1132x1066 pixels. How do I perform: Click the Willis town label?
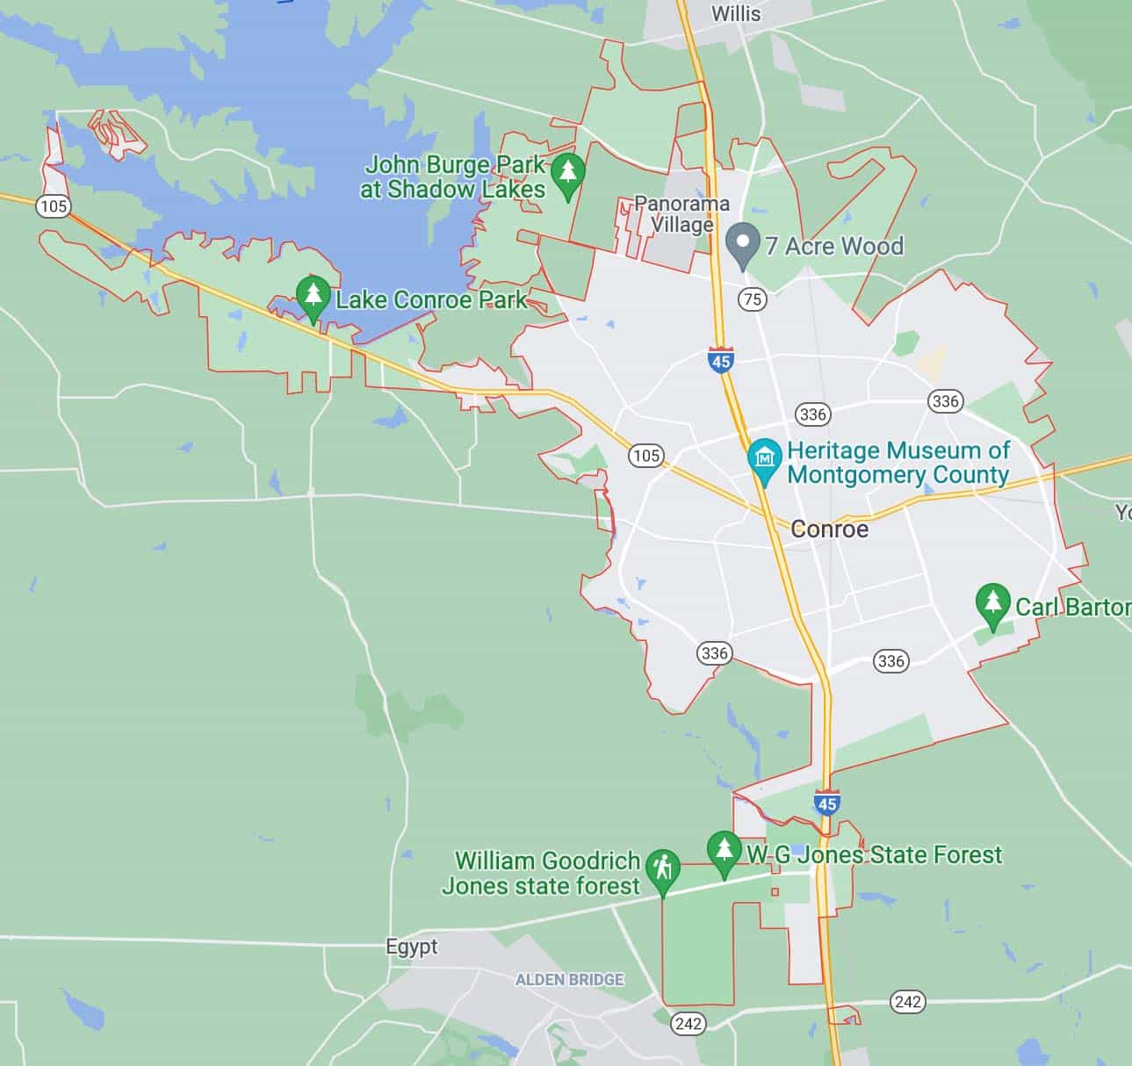pos(736,13)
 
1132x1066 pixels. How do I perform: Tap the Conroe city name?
pos(829,529)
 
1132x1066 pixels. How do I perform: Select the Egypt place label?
pos(412,947)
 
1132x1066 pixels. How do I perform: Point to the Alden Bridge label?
pos(569,979)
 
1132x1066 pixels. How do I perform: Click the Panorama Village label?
pos(681,214)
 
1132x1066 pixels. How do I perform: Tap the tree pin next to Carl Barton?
pos(992,604)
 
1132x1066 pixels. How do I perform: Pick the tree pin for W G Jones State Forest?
pos(724,851)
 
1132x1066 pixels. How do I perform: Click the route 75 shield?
pos(753,299)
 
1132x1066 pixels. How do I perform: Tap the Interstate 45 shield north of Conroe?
pos(721,360)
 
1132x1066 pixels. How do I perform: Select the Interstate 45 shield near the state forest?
pos(826,803)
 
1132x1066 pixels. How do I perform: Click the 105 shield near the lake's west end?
pos(54,206)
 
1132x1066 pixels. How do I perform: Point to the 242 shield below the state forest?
pos(689,1023)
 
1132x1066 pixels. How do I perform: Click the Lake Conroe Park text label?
pos(431,299)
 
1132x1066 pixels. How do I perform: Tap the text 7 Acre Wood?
pos(834,246)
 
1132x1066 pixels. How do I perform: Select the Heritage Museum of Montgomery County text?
pos(898,463)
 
